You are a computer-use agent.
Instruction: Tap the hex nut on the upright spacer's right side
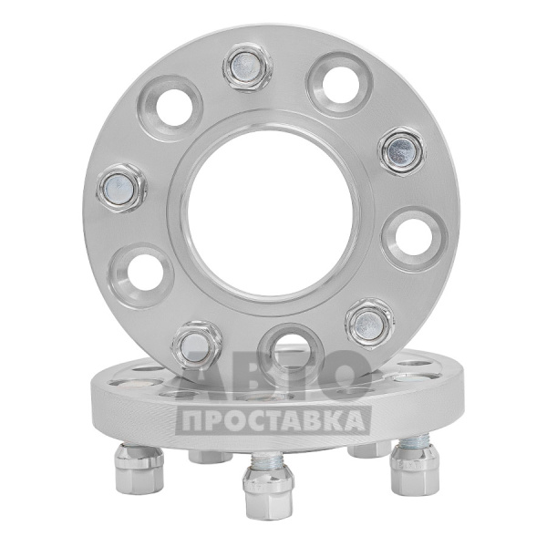click(402, 152)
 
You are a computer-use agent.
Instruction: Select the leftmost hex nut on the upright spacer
click(121, 190)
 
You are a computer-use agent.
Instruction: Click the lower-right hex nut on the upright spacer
click(369, 322)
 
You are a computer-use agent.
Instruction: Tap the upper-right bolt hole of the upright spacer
click(341, 84)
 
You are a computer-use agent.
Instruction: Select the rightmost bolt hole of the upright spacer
click(415, 239)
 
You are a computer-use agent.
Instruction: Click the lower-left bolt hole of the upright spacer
click(141, 273)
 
